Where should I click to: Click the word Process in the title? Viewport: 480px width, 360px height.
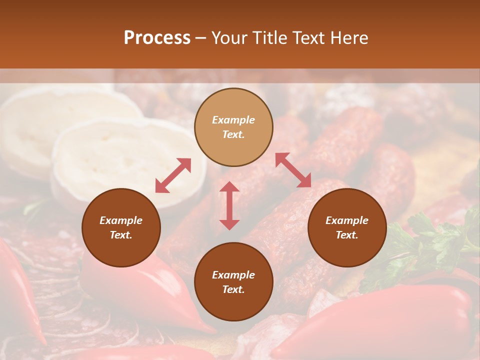click(x=157, y=38)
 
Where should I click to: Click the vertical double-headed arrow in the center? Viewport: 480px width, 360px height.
click(x=229, y=205)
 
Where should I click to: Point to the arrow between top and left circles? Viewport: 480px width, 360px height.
click(x=173, y=175)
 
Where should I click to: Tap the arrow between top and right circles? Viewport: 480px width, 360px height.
click(x=293, y=170)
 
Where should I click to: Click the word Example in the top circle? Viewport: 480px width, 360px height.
click(x=233, y=120)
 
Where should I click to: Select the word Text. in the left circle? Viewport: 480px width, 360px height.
click(x=121, y=235)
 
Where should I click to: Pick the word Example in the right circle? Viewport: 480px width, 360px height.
click(x=347, y=220)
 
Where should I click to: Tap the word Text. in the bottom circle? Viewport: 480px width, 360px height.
click(x=233, y=289)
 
